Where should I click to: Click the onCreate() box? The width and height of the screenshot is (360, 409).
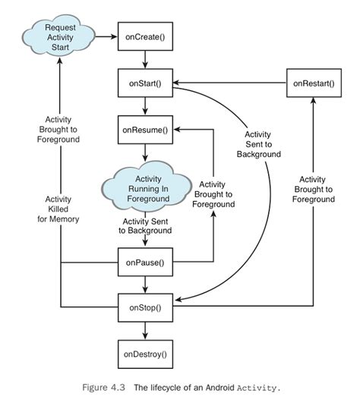click(144, 36)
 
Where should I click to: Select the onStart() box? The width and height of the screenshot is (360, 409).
click(144, 83)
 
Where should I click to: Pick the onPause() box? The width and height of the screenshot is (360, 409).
click(144, 263)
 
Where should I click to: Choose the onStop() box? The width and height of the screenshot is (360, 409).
click(144, 307)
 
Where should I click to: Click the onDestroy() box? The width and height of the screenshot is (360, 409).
click(144, 353)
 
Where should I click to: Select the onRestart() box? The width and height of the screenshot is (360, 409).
click(313, 83)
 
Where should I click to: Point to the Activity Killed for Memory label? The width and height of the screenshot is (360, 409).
click(58, 209)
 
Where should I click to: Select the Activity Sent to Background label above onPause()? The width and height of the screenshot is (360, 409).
click(144, 225)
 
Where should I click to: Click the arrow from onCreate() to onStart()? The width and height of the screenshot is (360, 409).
click(144, 60)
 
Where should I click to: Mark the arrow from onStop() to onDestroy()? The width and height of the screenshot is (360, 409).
click(144, 330)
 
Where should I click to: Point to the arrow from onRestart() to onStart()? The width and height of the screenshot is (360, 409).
click(228, 83)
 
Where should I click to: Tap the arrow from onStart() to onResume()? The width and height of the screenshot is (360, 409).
click(144, 105)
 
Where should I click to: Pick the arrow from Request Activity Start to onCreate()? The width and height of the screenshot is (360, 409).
click(106, 36)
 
